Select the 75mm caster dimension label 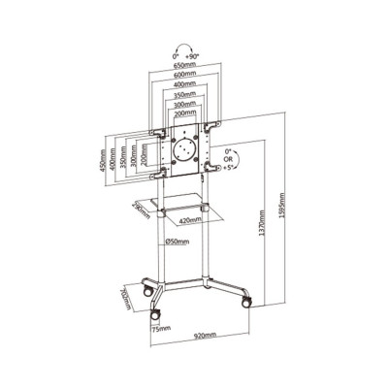coord(160,328)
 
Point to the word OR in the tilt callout coord(229,162)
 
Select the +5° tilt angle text coord(229,171)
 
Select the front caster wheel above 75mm coord(154,314)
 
